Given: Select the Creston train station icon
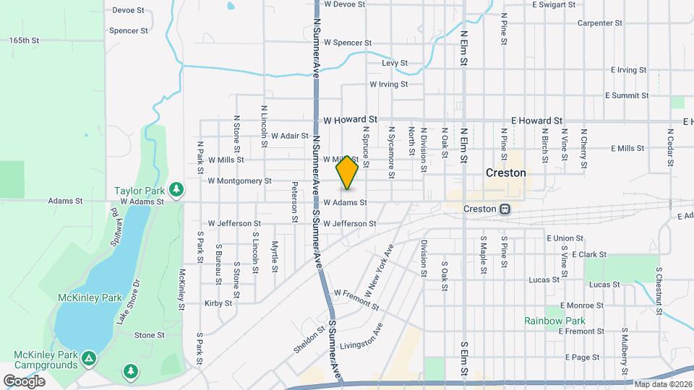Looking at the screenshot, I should (x=505, y=209).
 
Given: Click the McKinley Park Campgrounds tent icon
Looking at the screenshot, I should (x=89, y=357).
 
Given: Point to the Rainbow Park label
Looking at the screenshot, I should (x=554, y=321).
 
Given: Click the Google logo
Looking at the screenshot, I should (x=24, y=381).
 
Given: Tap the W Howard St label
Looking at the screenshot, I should (x=351, y=119).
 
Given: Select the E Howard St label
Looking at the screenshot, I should (x=536, y=121).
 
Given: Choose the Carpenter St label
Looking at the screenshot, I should (x=600, y=23).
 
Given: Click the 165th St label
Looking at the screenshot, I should (x=24, y=40).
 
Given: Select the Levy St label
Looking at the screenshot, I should (x=395, y=64).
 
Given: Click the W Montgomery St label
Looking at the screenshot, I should (x=239, y=181).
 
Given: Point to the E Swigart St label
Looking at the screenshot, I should (x=553, y=4).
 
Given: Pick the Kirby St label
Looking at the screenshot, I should (x=218, y=303).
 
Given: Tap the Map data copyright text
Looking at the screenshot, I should (x=662, y=383).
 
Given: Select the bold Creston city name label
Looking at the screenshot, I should (x=505, y=173).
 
